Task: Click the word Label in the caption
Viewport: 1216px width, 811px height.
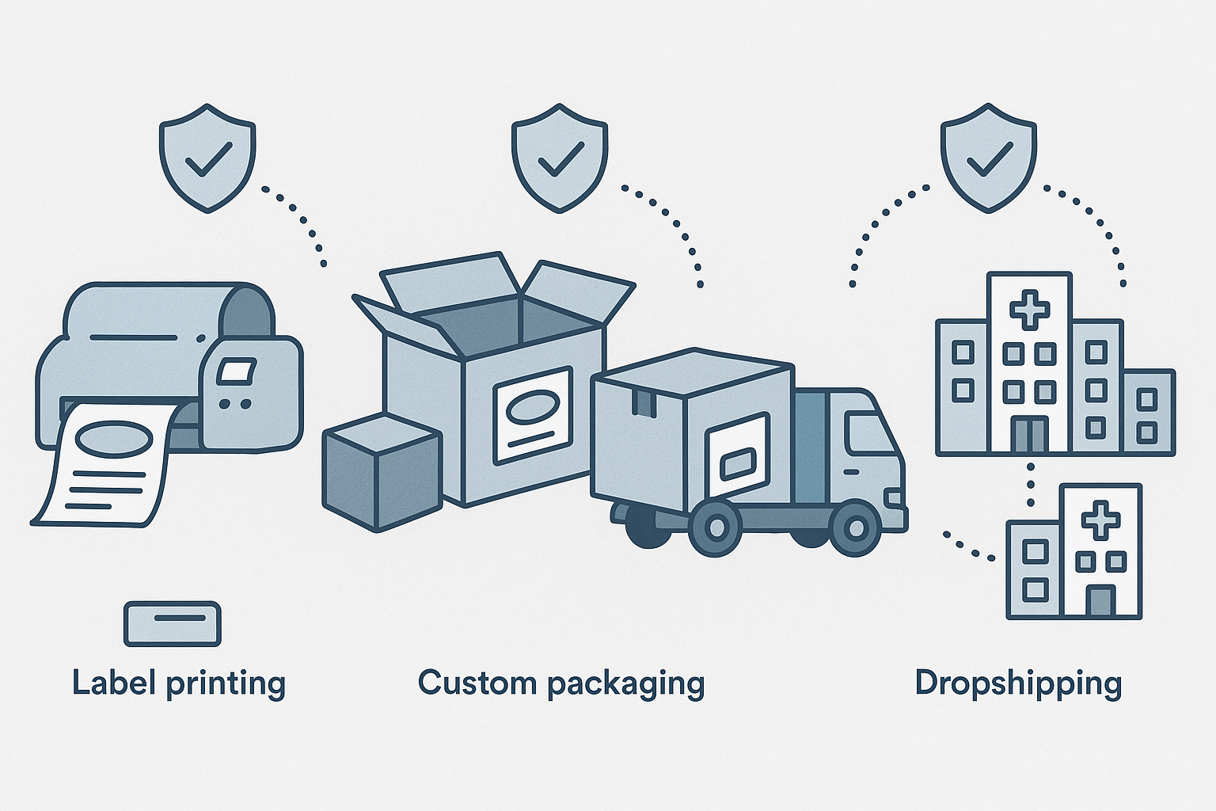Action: pos(114,683)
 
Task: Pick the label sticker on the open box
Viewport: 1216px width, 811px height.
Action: pos(532,416)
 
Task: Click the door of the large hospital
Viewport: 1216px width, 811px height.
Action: pos(1029,436)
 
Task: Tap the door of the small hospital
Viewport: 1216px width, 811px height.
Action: pos(1100,600)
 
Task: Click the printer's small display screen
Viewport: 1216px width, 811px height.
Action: pos(237,371)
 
